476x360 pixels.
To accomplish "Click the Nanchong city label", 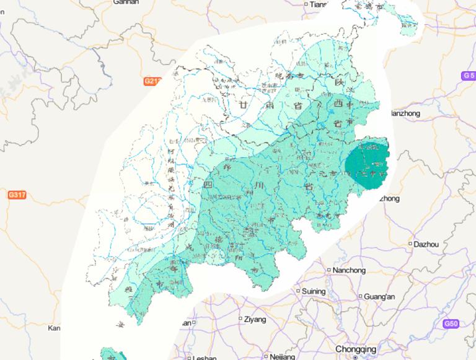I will point(350,270).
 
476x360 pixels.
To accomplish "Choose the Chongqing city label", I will point(355,348).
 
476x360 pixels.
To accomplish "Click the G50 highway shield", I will point(452,324).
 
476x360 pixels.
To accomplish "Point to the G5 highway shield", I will point(469,76).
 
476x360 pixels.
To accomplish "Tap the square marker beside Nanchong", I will point(328,270).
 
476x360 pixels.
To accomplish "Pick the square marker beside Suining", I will point(297,291).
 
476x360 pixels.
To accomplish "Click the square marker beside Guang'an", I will point(361,296).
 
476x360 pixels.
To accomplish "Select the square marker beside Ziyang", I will point(240,320).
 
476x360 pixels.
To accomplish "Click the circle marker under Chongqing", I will point(355,356).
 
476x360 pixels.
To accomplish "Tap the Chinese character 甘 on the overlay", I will point(236,106).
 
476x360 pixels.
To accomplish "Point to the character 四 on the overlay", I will point(207,184).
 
